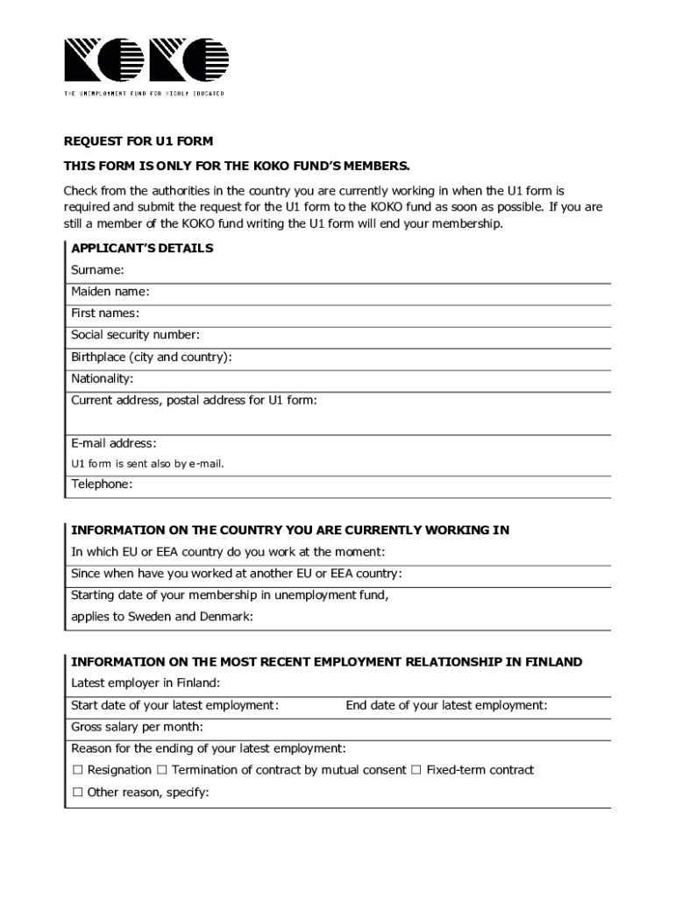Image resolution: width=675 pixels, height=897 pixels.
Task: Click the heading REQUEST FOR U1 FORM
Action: click(x=139, y=141)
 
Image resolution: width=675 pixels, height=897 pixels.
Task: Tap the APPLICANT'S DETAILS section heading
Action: click(x=142, y=249)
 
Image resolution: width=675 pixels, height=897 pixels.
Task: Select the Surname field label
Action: click(x=97, y=271)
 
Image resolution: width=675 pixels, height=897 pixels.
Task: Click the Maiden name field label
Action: click(x=110, y=292)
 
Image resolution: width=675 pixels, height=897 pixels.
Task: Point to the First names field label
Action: click(x=105, y=314)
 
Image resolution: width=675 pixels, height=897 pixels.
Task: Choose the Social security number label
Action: click(x=135, y=335)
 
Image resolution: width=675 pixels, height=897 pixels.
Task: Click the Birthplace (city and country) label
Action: click(x=152, y=357)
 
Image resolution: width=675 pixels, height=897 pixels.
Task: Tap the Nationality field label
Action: click(x=103, y=379)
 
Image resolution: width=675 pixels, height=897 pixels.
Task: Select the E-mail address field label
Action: click(x=114, y=444)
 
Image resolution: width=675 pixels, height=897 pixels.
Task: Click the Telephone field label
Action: click(x=102, y=484)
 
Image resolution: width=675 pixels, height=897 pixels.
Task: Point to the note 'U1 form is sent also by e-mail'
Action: click(x=147, y=464)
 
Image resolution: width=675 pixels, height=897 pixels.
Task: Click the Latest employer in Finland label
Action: click(x=146, y=683)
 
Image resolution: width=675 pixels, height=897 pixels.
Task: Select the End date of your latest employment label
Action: click(x=446, y=705)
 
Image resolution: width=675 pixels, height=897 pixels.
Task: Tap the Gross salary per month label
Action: click(x=137, y=727)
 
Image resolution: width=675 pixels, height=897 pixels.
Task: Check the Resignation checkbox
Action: click(x=77, y=771)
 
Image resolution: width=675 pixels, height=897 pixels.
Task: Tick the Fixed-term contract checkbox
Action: click(x=416, y=771)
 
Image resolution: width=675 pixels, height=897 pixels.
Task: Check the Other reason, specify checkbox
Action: click(x=77, y=793)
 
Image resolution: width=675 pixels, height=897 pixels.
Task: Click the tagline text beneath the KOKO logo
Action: click(x=144, y=93)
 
